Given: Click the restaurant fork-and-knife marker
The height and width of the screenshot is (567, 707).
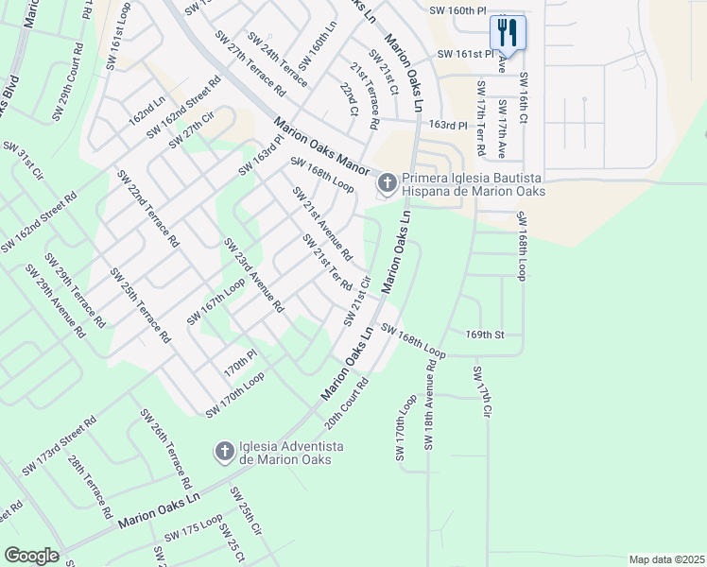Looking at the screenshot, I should tap(508, 33).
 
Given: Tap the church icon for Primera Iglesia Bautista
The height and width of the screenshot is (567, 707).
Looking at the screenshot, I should tap(386, 182).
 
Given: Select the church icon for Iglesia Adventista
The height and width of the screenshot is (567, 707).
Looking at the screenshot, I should tap(224, 452).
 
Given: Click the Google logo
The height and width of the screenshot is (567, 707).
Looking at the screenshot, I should tap(31, 556).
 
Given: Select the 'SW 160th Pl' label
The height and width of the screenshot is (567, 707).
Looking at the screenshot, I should tap(457, 9).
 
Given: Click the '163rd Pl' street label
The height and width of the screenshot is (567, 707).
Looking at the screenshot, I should tap(448, 125).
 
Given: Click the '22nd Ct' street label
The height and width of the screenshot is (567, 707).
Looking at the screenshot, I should tap(349, 97).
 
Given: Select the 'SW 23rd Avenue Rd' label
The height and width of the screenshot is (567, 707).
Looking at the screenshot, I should tap(253, 275).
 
